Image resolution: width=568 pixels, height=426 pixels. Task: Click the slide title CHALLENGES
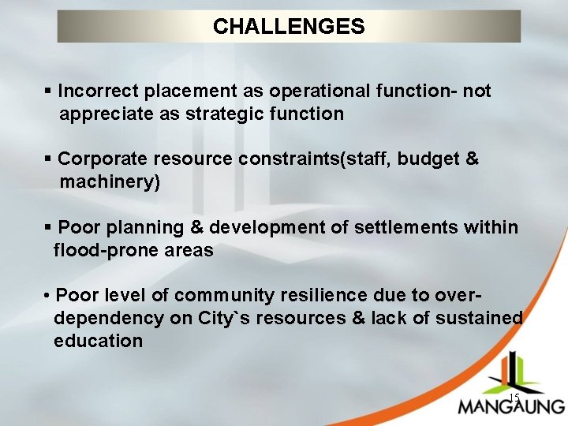[289, 27]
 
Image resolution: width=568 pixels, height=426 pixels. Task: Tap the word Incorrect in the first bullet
[95, 92]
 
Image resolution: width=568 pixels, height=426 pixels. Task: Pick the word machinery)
[110, 182]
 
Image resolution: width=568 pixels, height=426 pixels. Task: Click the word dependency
[99, 319]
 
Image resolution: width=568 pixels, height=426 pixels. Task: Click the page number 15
[513, 398]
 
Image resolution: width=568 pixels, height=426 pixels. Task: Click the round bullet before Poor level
[48, 297]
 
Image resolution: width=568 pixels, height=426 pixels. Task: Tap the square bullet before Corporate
[49, 159]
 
